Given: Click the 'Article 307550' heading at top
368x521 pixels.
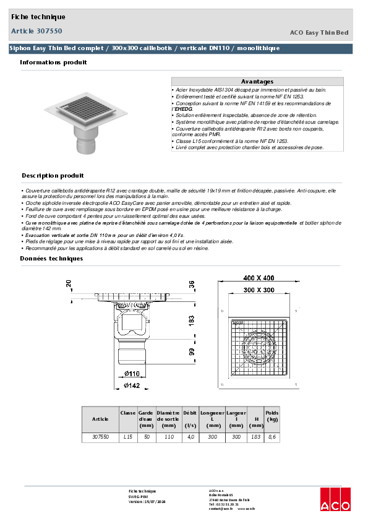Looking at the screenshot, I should click(x=36, y=30).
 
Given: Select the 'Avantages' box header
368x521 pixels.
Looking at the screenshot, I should click(x=257, y=82).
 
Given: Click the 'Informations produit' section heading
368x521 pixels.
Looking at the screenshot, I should click(x=53, y=62).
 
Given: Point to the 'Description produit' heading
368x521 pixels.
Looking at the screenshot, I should click(x=53, y=176).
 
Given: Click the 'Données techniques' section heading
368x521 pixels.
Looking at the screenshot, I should click(x=51, y=258).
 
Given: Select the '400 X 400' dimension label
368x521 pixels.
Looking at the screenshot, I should click(x=259, y=278).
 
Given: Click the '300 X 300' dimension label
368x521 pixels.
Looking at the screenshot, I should click(x=259, y=290).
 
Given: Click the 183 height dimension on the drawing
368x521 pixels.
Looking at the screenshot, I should click(x=192, y=321).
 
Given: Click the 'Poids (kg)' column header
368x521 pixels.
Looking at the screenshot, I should click(x=272, y=415).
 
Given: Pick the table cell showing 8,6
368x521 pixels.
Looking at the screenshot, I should click(x=272, y=437).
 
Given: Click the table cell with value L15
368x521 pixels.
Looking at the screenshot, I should click(x=128, y=437).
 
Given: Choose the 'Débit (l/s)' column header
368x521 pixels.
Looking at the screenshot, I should click(x=190, y=419).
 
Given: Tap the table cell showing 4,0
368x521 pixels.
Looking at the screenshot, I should click(x=190, y=437).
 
